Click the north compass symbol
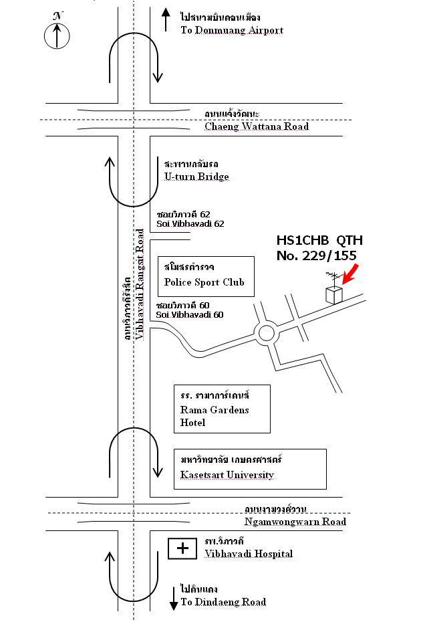coord(57,35)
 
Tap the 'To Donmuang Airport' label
coord(232,30)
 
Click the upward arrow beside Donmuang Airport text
coord(166,19)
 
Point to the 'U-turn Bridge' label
coord(196,177)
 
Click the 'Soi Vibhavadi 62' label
coord(190,224)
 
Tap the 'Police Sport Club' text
coord(204,282)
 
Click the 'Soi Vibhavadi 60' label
coord(190,314)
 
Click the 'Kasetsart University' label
coord(227,475)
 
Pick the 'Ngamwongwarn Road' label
coord(295,522)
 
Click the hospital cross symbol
coord(182,548)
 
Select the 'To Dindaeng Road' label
coord(223,602)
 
